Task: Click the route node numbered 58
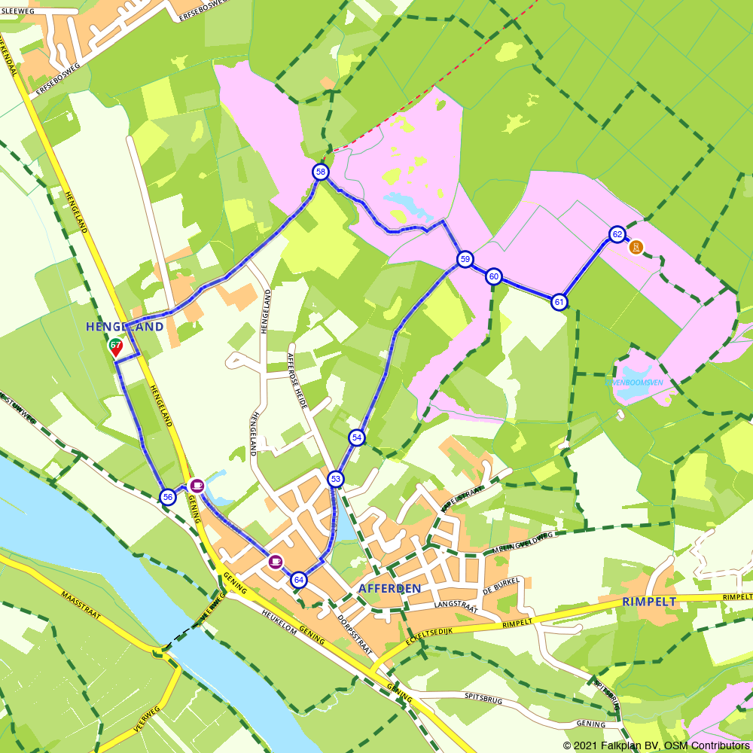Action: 321,172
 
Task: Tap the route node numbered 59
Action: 465,260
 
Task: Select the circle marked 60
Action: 493,276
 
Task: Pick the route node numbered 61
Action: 559,302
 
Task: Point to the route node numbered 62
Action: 617,234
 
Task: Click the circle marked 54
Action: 357,437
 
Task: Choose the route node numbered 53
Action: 336,479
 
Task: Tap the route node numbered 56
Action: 168,496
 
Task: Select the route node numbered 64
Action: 299,580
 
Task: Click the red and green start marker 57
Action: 115,348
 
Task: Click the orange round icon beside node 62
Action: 636,247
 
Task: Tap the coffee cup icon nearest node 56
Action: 197,485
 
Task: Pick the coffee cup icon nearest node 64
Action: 276,561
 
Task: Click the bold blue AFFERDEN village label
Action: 389,588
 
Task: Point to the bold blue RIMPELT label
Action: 649,602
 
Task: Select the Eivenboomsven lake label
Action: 634,382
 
